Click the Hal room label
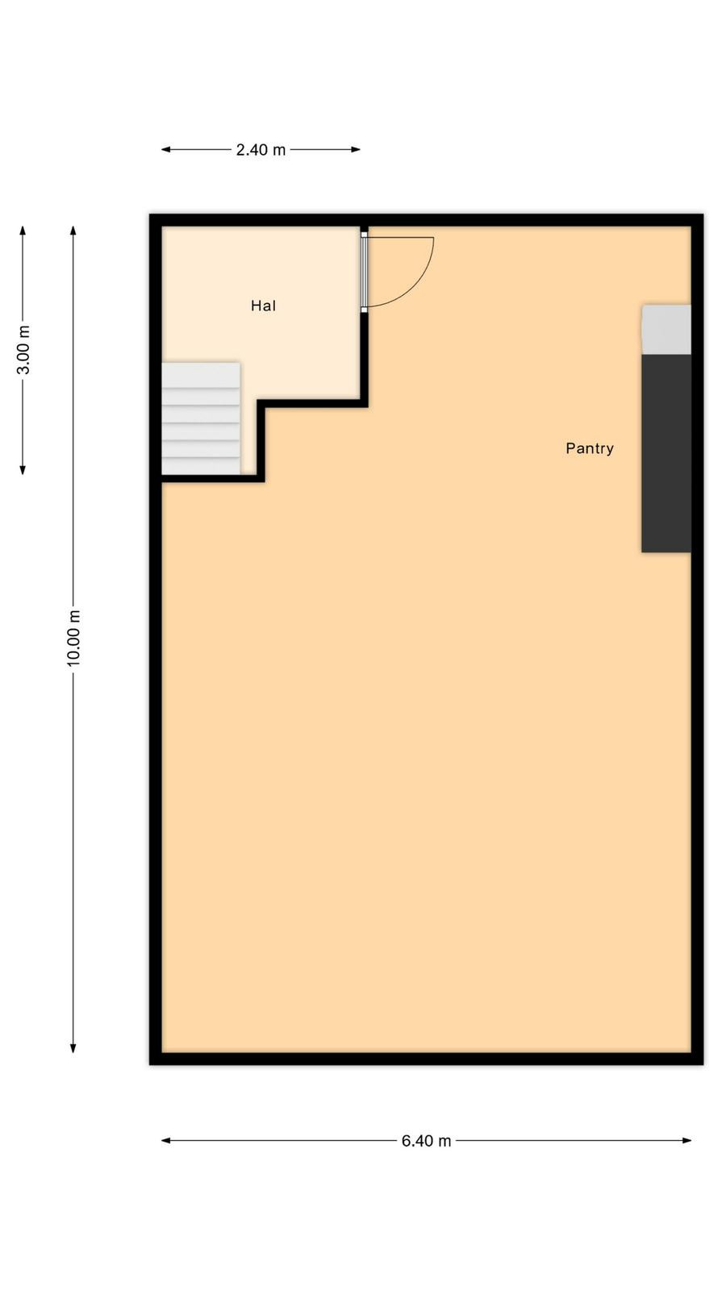(263, 306)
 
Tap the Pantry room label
(590, 448)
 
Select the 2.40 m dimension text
(261, 150)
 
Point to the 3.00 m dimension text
(23, 350)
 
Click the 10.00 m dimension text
(73, 639)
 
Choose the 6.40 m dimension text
(427, 1141)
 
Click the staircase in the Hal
(201, 418)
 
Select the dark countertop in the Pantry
(666, 454)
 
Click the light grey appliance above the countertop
(666, 330)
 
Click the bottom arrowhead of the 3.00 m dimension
(23, 470)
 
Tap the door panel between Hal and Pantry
(364, 272)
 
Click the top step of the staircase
(201, 375)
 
